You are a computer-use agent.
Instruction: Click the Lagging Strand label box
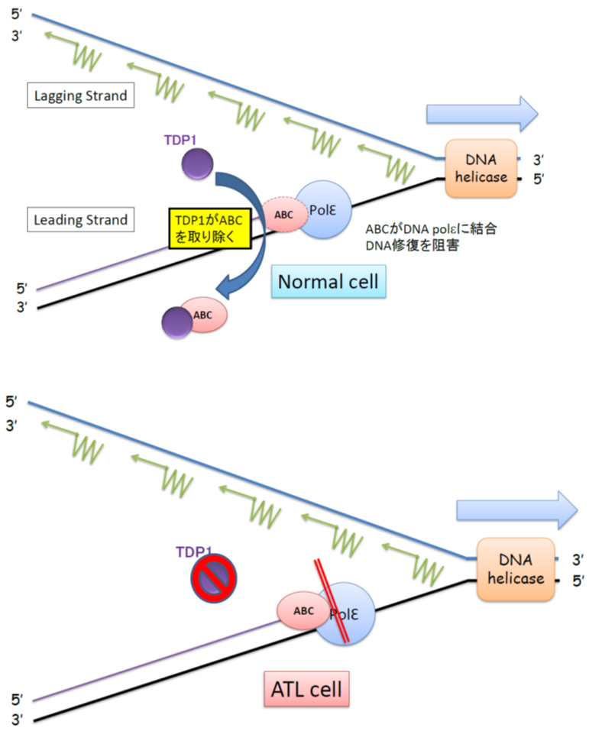click(80, 97)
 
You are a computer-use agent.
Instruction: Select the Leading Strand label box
click(80, 220)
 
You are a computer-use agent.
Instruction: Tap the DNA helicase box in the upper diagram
click(475, 169)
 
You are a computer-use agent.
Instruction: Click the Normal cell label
click(328, 281)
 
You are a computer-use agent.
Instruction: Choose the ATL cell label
click(307, 690)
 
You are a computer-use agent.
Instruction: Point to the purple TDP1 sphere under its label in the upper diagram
click(198, 163)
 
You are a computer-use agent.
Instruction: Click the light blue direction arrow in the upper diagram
click(481, 114)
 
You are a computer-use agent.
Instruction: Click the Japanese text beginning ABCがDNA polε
click(432, 238)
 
